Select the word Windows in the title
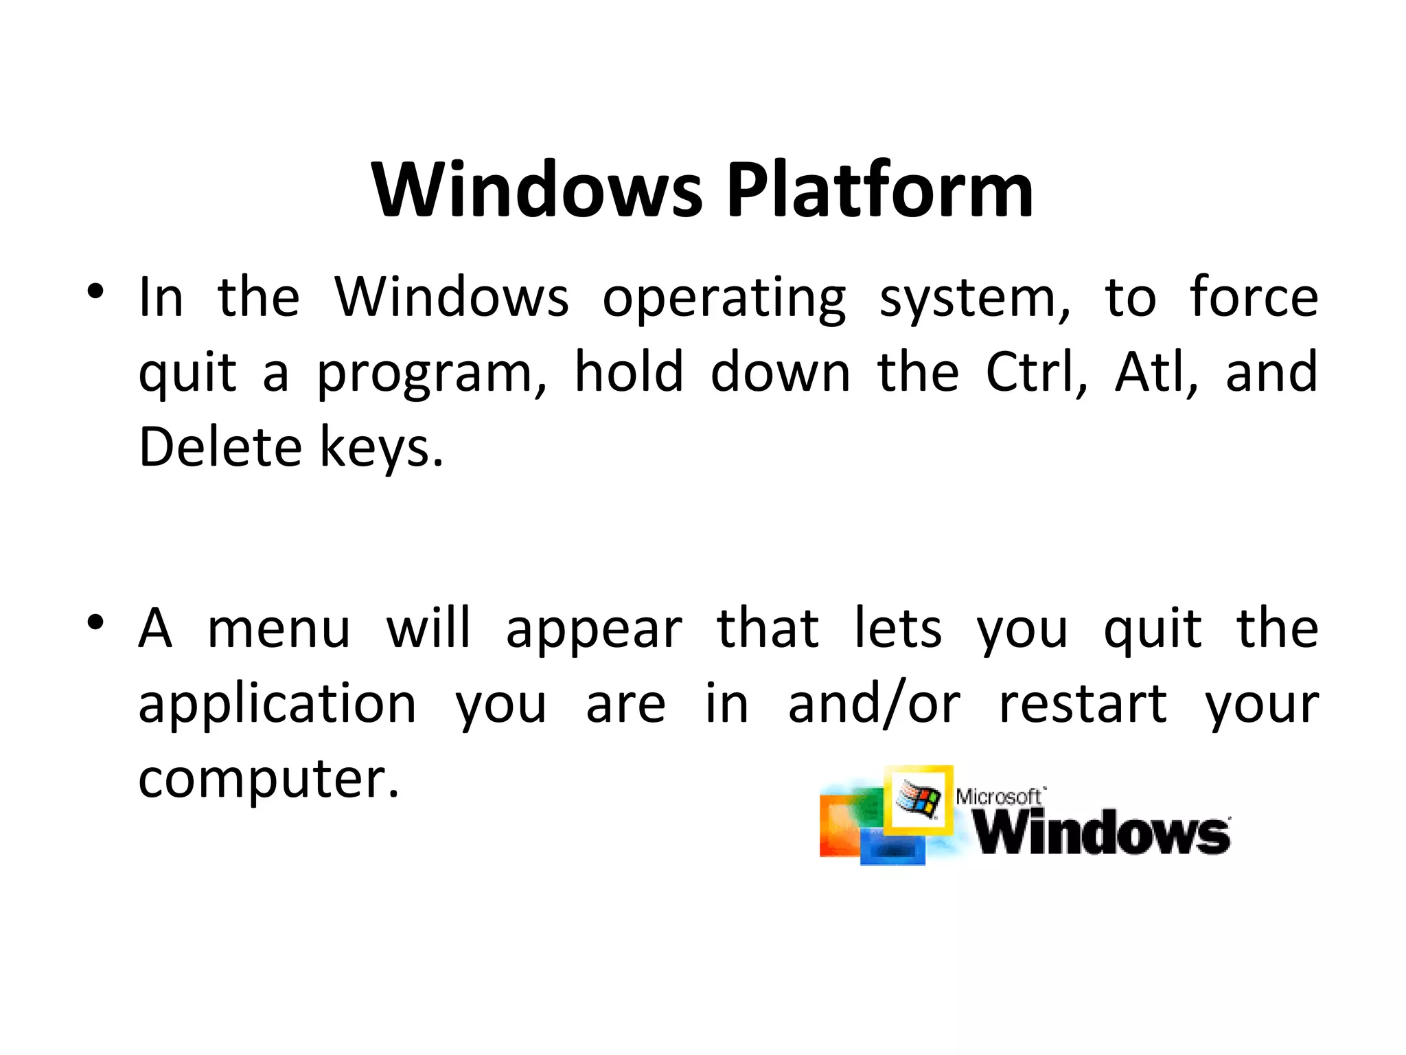tap(538, 190)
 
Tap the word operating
tap(724, 299)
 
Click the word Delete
tap(220, 447)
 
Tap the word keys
tap(381, 449)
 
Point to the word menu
tap(279, 629)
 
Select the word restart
tap(1083, 704)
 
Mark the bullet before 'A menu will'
tap(95, 623)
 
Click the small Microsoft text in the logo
tap(1000, 797)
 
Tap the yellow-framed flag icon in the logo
tap(919, 798)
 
